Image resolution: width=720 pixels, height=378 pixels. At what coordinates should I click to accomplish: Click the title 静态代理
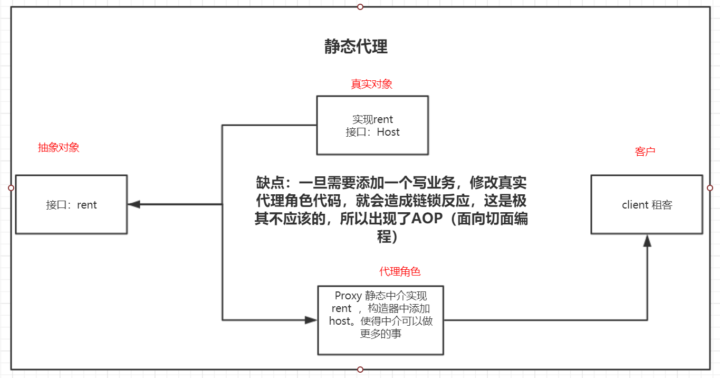356,47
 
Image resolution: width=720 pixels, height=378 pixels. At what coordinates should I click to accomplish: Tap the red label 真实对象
371,84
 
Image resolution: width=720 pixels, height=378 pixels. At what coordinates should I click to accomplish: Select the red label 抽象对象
58,147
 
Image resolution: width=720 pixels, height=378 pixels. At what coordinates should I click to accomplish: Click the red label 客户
645,152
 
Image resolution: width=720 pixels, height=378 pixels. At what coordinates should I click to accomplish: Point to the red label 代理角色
400,271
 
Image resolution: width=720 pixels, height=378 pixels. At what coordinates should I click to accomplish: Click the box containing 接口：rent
71,204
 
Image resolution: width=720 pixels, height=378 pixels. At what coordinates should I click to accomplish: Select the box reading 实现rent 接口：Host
372,125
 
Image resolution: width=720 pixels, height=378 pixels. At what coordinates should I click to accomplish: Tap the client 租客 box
647,204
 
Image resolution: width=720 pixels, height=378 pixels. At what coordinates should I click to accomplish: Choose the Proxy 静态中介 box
380,320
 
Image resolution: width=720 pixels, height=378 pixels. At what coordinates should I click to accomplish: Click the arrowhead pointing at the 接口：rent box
133,204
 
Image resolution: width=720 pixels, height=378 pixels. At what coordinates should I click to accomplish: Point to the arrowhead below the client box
647,241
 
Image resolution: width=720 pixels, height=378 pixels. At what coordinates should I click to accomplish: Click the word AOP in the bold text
425,219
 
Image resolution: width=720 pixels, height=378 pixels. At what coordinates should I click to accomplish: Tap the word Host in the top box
388,132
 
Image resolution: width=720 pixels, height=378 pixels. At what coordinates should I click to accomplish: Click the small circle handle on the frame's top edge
360,7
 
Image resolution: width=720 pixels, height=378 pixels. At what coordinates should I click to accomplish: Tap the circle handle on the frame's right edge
709,188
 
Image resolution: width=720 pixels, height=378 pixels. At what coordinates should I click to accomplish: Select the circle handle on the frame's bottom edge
360,369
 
